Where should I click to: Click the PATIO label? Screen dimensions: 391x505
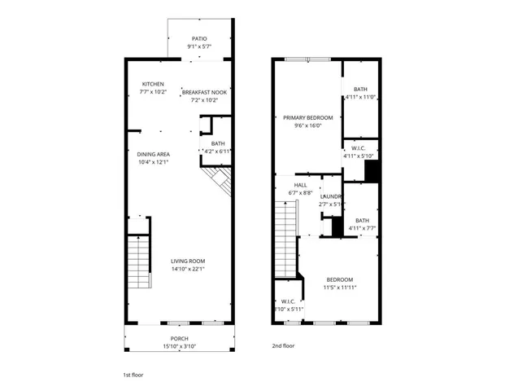[199, 39]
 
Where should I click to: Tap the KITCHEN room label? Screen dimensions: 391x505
[154, 84]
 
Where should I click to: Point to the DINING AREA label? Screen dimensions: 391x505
[153, 154]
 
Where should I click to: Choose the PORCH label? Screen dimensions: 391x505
[179, 338]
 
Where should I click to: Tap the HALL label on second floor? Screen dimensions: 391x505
[301, 185]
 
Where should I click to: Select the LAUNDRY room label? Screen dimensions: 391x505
[330, 196]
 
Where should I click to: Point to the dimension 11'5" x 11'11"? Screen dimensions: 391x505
[341, 287]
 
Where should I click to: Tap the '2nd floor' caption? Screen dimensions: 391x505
[283, 345]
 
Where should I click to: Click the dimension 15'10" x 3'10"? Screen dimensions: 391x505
[179, 346]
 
